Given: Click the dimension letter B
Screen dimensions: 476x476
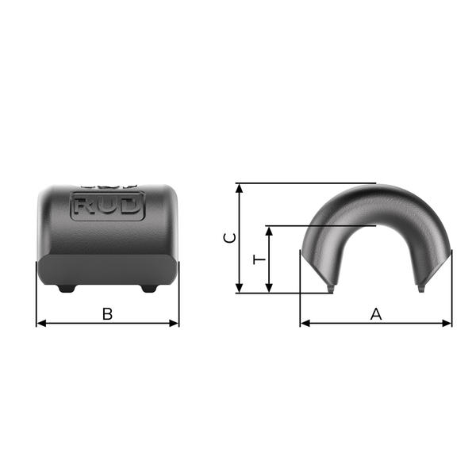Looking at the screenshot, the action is pyautogui.click(x=107, y=314).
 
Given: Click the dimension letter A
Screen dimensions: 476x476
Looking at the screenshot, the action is pyautogui.click(x=376, y=314).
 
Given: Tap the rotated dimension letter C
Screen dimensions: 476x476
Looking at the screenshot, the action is pyautogui.click(x=229, y=238).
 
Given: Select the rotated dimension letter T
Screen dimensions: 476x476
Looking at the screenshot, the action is pyautogui.click(x=259, y=260).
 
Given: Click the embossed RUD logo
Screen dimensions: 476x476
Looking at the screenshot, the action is pyautogui.click(x=108, y=205).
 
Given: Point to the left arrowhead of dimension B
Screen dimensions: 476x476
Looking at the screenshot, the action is pyautogui.click(x=41, y=324).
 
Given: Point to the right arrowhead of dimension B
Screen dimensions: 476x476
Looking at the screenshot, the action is pyautogui.click(x=174, y=324).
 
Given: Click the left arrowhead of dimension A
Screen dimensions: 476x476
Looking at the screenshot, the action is pyautogui.click(x=305, y=324).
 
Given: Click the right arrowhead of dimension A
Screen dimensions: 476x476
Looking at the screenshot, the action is pyautogui.click(x=447, y=324).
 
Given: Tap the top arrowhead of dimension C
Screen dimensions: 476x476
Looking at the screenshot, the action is pyautogui.click(x=240, y=188).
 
